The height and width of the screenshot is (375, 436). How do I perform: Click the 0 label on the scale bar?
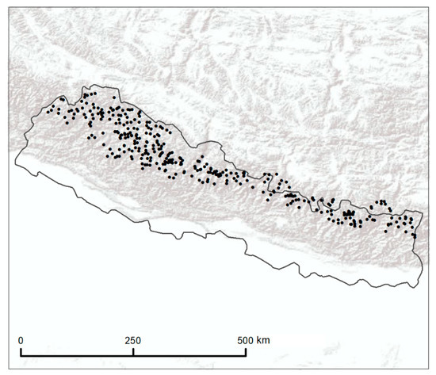pyautogui.click(x=21, y=340)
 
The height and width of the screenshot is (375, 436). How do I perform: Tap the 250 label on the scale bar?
pyautogui.click(x=132, y=340)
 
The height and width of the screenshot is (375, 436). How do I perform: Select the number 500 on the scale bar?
pyautogui.click(x=244, y=340)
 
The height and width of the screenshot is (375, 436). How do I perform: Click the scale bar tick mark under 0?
pyautogui.click(x=21, y=351)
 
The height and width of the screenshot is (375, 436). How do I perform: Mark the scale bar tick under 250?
pyautogui.click(x=132, y=351)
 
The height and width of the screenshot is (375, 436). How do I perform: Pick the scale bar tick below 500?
pyautogui.click(x=245, y=351)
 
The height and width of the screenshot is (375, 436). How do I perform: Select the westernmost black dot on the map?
pyautogui.click(x=48, y=111)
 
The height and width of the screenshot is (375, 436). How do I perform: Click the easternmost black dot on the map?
pyautogui.click(x=415, y=235)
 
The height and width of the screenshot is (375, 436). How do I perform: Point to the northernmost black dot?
pyautogui.click(x=84, y=94)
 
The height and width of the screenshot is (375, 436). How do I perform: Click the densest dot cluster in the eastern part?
pyautogui.click(x=347, y=214)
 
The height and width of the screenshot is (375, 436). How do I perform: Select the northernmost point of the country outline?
pyautogui.click(x=94, y=84)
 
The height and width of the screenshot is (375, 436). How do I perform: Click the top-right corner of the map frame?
pyautogui.click(x=433, y=4)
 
